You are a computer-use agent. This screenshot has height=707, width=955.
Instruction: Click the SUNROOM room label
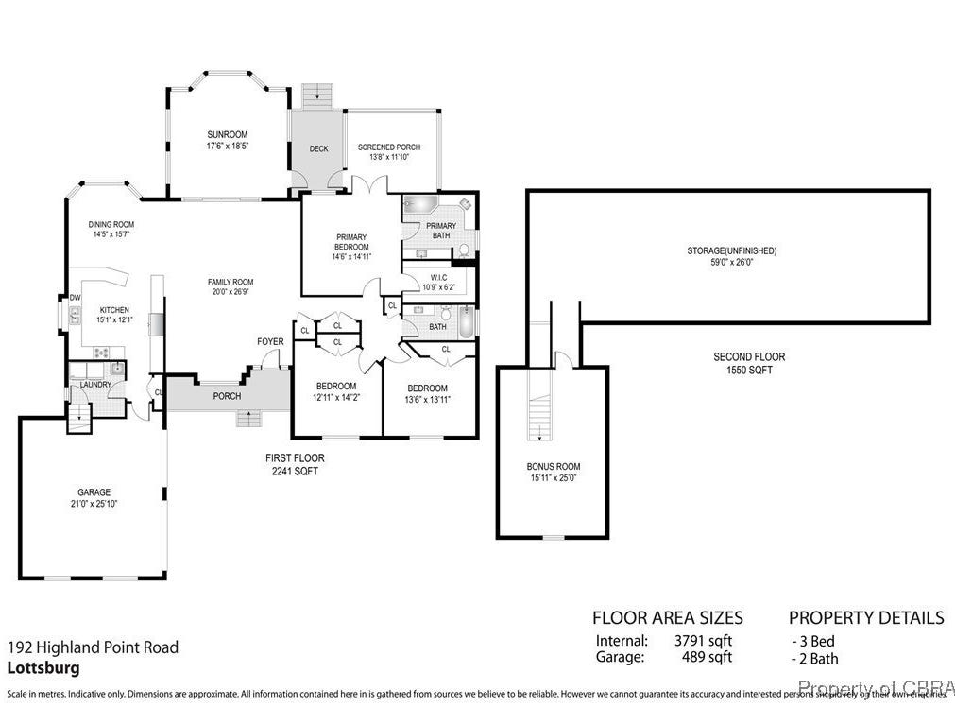click(x=227, y=134)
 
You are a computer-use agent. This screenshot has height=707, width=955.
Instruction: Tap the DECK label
click(x=318, y=148)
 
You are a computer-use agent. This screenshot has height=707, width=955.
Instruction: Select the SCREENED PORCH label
click(x=389, y=147)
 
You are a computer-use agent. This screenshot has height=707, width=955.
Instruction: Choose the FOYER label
click(x=270, y=341)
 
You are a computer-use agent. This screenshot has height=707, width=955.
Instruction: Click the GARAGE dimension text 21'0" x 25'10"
click(x=94, y=504)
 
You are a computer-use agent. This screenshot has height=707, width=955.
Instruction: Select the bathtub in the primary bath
click(x=418, y=206)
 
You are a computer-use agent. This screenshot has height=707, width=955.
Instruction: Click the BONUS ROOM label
click(x=554, y=466)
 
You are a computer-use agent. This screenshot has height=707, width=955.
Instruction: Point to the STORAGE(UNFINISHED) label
click(x=731, y=250)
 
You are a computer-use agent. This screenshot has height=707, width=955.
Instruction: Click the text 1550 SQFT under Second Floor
click(x=749, y=371)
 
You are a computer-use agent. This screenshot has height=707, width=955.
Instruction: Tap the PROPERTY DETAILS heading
click(x=865, y=618)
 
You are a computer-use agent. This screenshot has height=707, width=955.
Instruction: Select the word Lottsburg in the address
click(x=43, y=667)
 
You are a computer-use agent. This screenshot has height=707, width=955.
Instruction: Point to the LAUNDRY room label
click(x=95, y=384)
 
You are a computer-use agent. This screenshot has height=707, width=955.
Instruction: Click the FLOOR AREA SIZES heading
click(x=667, y=618)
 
